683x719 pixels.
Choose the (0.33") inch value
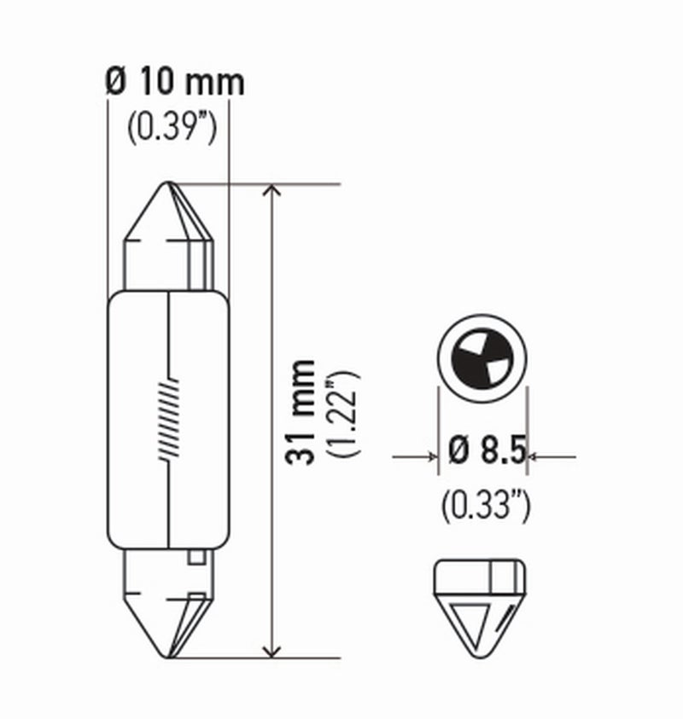pos(486,506)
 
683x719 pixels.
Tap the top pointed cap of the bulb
pos(169,217)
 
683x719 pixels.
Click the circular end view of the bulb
pos(481,357)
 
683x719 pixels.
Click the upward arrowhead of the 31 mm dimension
pos(271,193)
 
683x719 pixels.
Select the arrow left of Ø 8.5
pos(427,457)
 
